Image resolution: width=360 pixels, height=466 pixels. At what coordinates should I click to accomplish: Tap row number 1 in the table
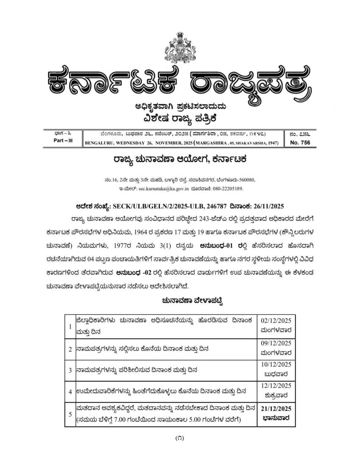click(70, 327)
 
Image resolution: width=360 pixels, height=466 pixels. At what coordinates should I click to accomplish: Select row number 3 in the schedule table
click(70, 371)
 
